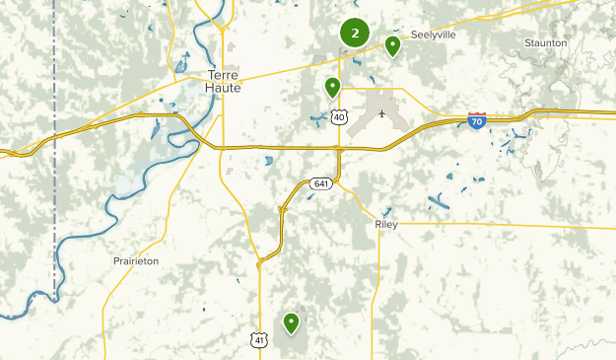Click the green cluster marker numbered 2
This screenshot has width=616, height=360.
pyautogui.click(x=355, y=33)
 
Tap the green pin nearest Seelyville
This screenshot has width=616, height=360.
pyautogui.click(x=392, y=45)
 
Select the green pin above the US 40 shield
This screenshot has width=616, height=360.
pyautogui.click(x=333, y=87)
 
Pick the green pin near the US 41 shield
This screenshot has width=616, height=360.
pyautogui.click(x=291, y=322)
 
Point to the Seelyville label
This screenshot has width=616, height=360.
pyautogui.click(x=435, y=34)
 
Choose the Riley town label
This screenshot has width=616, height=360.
pyautogui.click(x=387, y=225)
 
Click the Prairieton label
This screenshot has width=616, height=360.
pyautogui.click(x=136, y=261)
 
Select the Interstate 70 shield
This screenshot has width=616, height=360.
pyautogui.click(x=477, y=121)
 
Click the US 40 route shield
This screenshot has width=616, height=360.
pyautogui.click(x=339, y=117)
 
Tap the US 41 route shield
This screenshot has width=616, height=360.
pyautogui.click(x=258, y=339)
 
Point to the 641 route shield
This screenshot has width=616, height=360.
pyautogui.click(x=321, y=182)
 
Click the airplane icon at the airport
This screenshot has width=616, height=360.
pyautogui.click(x=380, y=111)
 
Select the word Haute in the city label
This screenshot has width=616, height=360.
pyautogui.click(x=224, y=88)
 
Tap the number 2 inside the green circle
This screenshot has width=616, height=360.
pyautogui.click(x=355, y=33)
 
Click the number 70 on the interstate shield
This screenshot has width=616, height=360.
pyautogui.click(x=477, y=122)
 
